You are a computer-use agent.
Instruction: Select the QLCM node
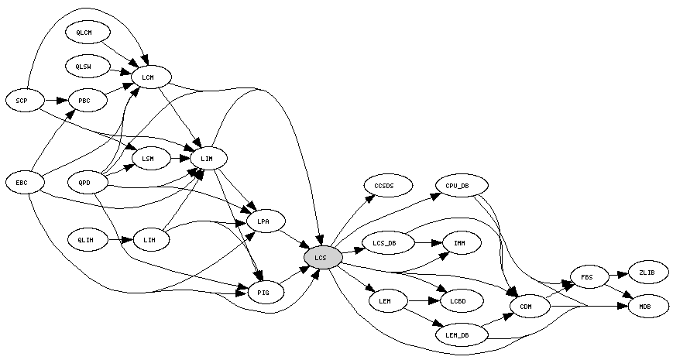(x=84, y=33)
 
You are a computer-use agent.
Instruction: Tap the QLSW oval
(x=84, y=67)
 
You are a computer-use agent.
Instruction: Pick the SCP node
(x=22, y=100)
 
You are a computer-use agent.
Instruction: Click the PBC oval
(x=84, y=100)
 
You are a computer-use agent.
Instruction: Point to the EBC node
(x=22, y=183)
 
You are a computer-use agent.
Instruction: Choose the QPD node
(x=84, y=183)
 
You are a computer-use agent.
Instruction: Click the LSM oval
(x=148, y=159)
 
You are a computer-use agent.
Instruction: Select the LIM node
(x=206, y=159)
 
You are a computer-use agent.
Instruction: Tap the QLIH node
(x=85, y=240)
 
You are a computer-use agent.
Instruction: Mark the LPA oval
(x=263, y=222)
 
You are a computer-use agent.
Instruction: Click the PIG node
(x=263, y=291)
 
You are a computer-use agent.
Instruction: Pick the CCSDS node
(x=384, y=187)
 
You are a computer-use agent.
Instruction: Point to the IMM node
(x=459, y=243)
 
